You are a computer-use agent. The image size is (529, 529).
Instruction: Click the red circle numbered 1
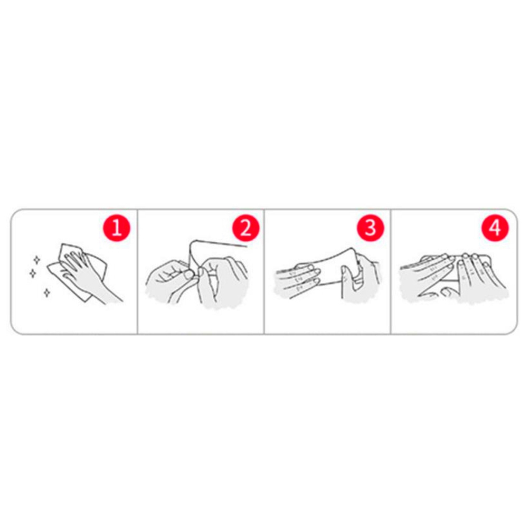[x=116, y=228]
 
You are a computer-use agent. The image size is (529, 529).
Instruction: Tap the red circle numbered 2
[x=245, y=228]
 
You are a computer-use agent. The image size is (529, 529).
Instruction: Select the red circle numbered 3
[x=371, y=228]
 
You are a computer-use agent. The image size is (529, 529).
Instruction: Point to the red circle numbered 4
[x=495, y=228]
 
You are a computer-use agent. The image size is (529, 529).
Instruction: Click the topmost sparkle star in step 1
[x=37, y=260]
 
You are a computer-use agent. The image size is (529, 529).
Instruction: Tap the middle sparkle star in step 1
[x=33, y=273]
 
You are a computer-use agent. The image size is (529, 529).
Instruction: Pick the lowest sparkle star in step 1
[x=46, y=293]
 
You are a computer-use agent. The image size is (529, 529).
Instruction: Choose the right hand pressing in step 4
[x=479, y=273]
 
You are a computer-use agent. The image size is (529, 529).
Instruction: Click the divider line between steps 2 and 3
[x=264, y=271]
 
